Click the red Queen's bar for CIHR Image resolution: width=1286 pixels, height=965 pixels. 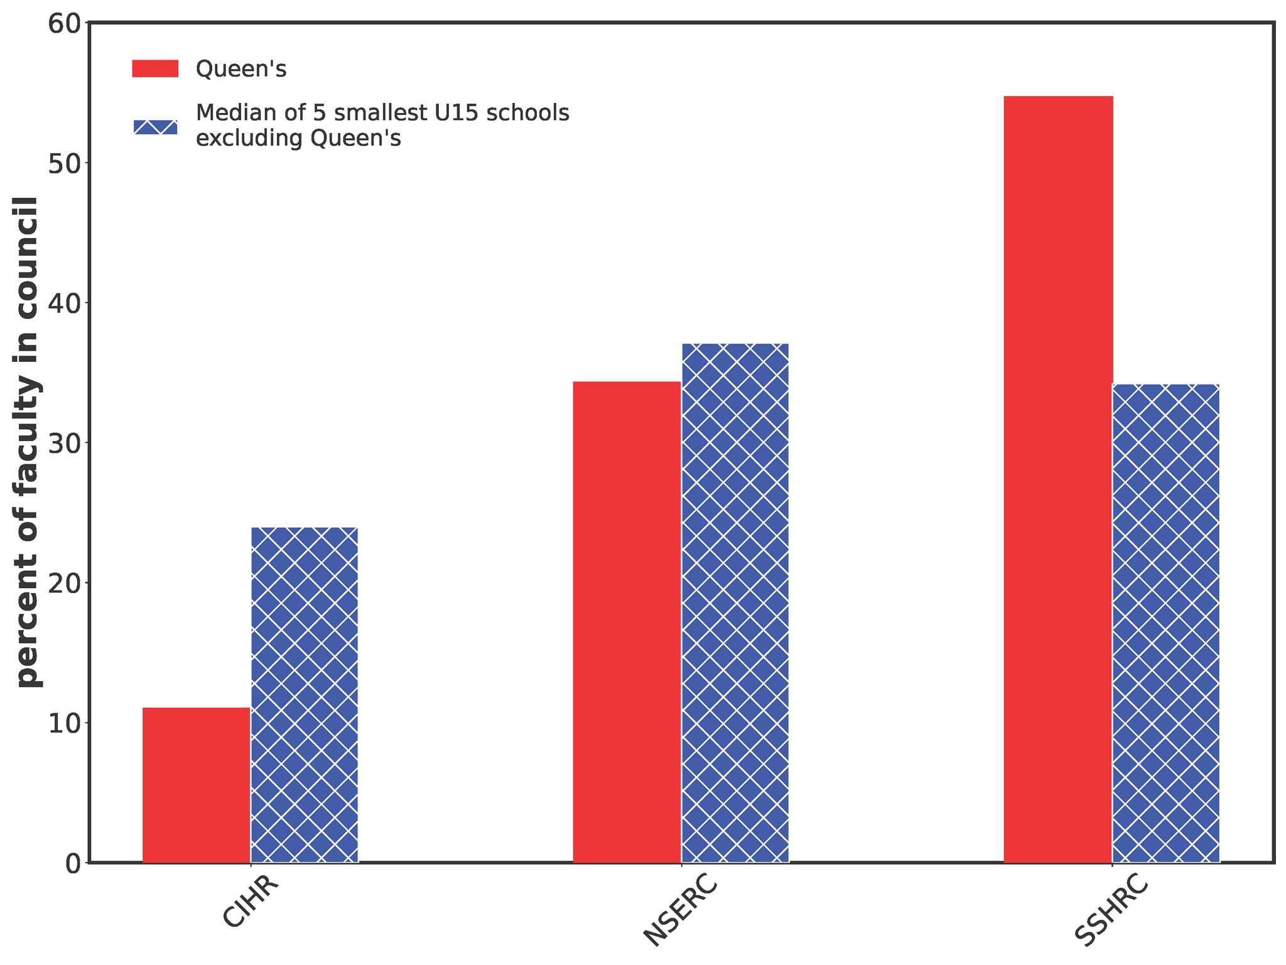pos(197,785)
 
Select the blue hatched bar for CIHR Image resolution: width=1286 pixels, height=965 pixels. pos(305,694)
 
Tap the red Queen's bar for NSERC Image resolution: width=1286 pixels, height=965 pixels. pos(627,621)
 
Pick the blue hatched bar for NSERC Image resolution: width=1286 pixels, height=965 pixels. pos(735,602)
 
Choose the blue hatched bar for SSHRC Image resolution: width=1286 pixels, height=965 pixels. pos(1166,623)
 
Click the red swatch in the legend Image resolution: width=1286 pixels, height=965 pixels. pos(155,68)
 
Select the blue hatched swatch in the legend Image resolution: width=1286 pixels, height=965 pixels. pos(155,126)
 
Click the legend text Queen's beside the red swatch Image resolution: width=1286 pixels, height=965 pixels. pos(241,69)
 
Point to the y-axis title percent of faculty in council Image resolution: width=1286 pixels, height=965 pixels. pos(28,442)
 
